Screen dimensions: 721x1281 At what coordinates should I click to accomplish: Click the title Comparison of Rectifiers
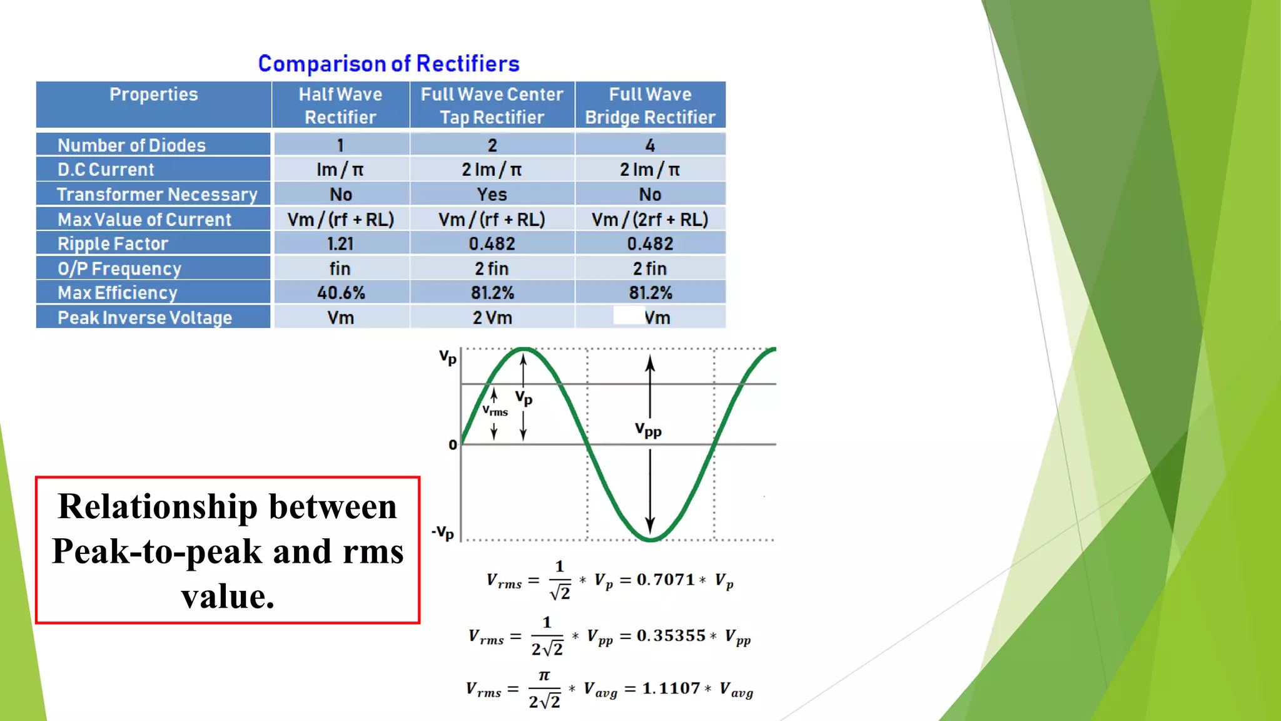388,64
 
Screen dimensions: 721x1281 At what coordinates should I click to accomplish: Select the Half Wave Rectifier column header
340,105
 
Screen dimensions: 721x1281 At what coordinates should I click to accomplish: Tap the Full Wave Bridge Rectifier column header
650,105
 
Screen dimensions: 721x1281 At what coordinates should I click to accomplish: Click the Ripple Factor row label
113,243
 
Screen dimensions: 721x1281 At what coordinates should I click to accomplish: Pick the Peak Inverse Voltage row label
144,317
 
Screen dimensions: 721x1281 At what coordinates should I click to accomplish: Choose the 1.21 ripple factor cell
340,243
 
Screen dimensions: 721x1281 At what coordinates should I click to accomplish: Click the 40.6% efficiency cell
341,293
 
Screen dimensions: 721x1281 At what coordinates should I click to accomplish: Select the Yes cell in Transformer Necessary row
492,195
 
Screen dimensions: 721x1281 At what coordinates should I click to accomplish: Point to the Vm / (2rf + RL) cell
650,220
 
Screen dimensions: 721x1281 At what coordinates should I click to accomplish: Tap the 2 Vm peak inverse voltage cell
492,318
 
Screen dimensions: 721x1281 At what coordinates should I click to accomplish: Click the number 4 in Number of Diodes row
650,145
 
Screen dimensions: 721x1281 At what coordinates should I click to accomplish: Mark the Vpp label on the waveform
648,430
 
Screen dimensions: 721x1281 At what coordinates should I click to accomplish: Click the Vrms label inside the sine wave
495,411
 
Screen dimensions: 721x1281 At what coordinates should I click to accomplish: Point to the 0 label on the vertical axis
453,445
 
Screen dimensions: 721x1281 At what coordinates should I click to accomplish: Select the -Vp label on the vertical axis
443,533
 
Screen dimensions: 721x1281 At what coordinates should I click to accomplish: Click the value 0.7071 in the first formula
666,580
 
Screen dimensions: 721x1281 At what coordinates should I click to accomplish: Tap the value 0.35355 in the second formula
671,635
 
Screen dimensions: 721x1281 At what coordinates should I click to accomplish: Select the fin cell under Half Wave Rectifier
340,268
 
